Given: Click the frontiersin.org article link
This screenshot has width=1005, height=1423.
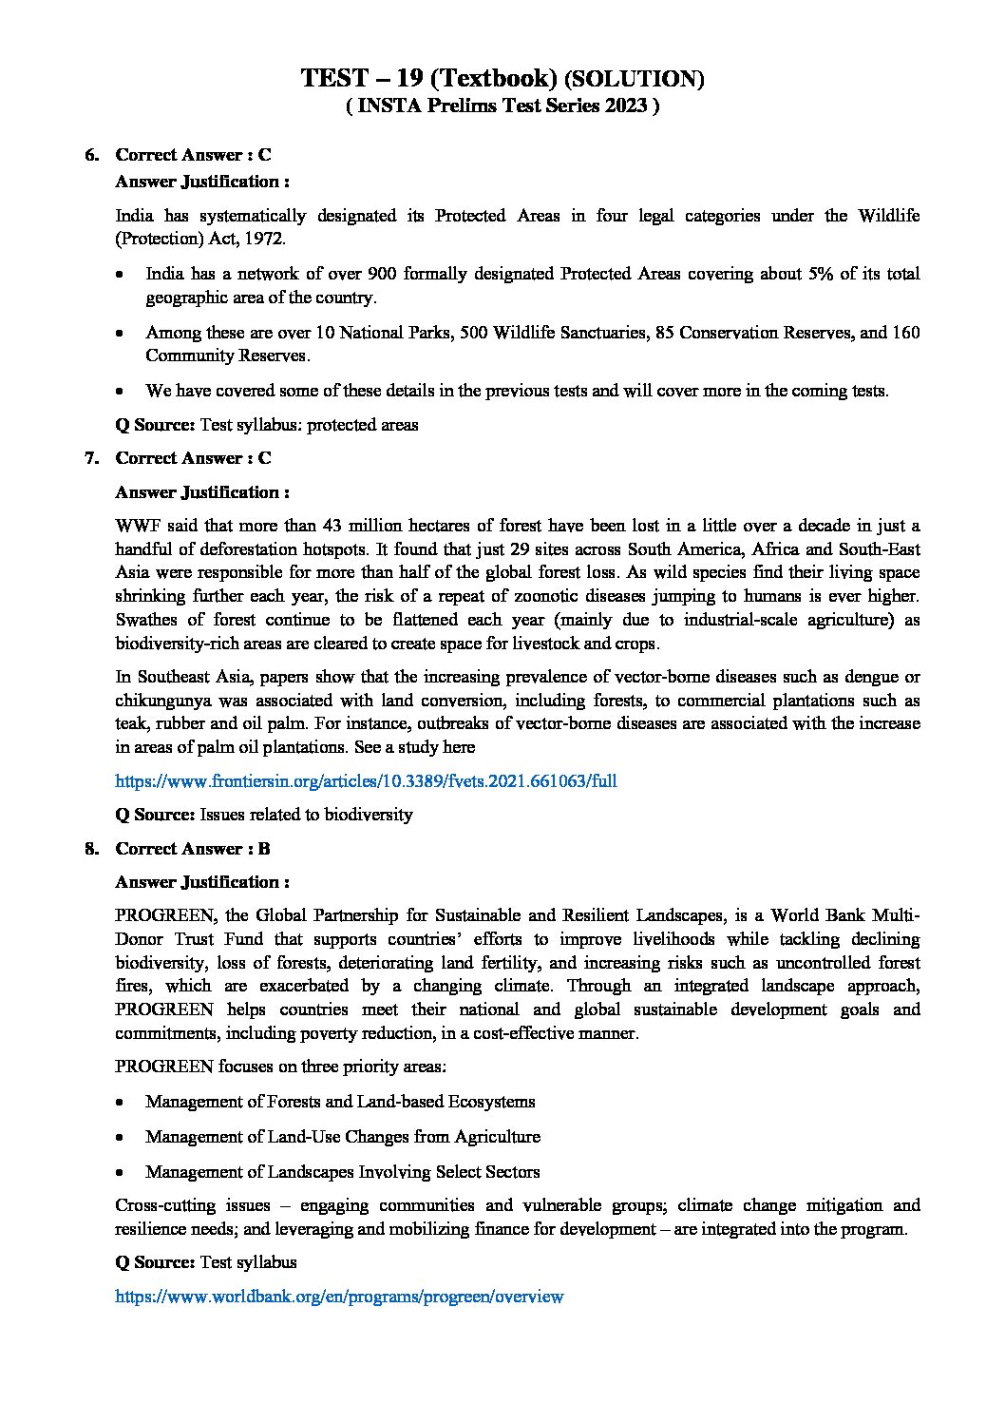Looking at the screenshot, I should coord(366,781).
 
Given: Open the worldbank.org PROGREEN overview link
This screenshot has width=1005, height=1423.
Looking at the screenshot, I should coord(339,1296).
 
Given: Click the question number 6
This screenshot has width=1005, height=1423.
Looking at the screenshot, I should coord(91,154).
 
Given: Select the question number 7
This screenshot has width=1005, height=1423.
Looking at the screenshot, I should coord(91,458).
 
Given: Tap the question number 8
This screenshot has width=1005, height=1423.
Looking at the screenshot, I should coord(91,849).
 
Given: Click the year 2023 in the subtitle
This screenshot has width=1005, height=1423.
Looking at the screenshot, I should coord(620,106).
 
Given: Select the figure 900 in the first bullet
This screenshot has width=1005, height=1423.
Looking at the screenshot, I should coord(383,274).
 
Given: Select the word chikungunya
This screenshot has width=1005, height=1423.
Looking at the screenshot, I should coord(162,701).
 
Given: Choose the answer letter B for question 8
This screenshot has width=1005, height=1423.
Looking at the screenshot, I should coord(264,849).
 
